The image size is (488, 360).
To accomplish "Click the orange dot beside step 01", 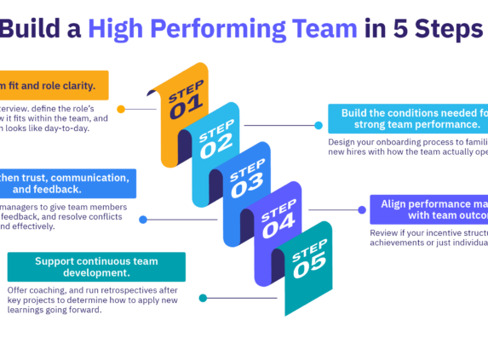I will (x=122, y=109).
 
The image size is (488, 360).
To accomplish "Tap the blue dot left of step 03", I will (x=143, y=219).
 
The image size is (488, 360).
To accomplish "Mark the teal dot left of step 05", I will (x=203, y=298).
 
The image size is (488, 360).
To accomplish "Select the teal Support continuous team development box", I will (x=96, y=266).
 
